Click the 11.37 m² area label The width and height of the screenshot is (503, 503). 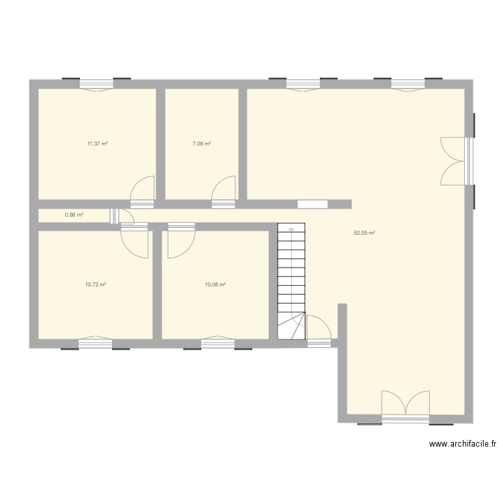click(x=97, y=144)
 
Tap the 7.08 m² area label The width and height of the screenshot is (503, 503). click(x=201, y=144)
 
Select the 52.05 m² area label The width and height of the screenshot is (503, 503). click(x=364, y=233)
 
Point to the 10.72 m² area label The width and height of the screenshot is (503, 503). click(x=95, y=284)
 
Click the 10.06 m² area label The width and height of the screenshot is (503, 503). click(x=215, y=284)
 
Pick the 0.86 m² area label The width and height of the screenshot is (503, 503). click(x=74, y=215)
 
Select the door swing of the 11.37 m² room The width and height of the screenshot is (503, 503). click(x=142, y=189)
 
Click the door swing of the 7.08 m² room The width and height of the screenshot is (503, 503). click(x=223, y=189)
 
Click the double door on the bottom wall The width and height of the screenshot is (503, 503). click(x=405, y=406)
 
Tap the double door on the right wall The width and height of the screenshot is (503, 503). click(x=453, y=160)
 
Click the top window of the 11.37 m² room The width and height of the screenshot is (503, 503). click(x=97, y=84)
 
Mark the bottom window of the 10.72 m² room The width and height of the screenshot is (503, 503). click(x=95, y=343)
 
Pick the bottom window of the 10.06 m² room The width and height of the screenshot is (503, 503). click(x=218, y=343)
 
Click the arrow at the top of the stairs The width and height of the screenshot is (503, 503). click(x=291, y=229)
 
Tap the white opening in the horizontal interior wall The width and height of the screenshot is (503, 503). click(x=312, y=204)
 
